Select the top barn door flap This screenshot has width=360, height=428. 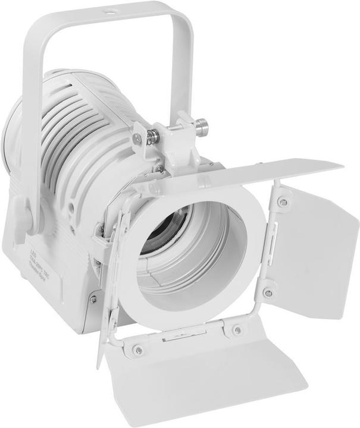[238, 173]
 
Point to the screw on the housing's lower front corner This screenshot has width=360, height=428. [93, 299]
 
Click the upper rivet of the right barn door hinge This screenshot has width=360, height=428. [283, 203]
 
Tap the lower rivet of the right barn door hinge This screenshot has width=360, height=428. [268, 292]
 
